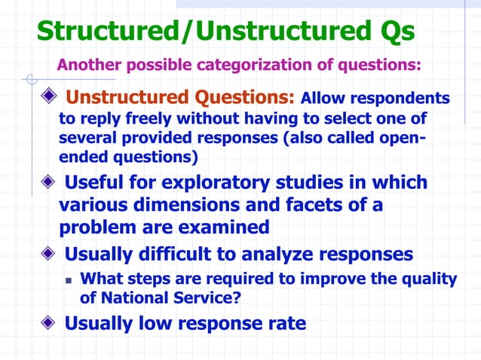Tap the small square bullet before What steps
pos(69,279)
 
